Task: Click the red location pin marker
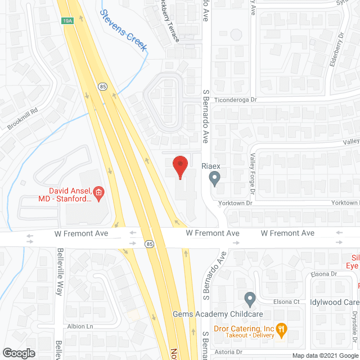(179, 166)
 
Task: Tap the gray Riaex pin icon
(214, 179)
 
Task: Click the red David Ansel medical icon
(98, 194)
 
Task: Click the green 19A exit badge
(67, 21)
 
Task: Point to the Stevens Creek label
(123, 30)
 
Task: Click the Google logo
(19, 353)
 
